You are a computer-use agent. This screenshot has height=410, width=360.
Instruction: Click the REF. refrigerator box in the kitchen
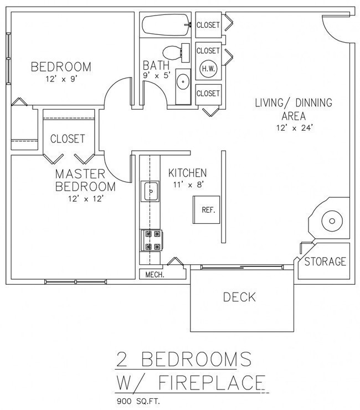coord(208,211)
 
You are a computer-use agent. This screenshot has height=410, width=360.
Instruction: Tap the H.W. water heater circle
coord(208,69)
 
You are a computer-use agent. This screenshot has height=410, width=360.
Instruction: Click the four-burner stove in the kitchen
coord(151,240)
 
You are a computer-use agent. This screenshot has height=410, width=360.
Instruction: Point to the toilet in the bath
coord(177,54)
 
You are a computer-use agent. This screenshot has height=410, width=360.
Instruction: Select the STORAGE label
coord(326,262)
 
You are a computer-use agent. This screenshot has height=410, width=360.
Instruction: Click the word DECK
coord(239,298)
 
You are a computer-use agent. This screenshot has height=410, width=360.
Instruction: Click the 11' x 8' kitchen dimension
coord(188,185)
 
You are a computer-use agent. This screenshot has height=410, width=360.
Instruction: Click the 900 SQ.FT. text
coord(139,400)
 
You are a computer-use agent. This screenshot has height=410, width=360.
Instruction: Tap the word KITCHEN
coord(188,173)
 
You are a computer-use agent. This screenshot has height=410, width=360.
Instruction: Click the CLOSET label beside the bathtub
coord(208,25)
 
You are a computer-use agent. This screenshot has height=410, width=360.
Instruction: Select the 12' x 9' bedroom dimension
coord(60,79)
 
